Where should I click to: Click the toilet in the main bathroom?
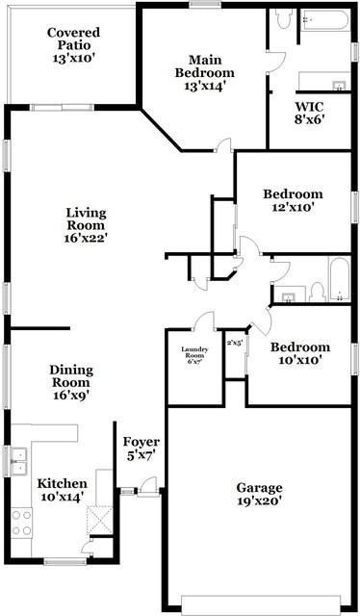click(x=284, y=19)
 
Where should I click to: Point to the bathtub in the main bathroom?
click(x=327, y=24)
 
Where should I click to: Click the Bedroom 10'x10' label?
click(x=299, y=353)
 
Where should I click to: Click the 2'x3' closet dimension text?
click(x=234, y=342)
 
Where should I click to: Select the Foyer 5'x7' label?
click(x=141, y=449)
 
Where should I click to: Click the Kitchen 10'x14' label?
click(x=62, y=490)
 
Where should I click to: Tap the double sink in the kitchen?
click(x=18, y=461)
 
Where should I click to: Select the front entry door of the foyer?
click(x=141, y=493)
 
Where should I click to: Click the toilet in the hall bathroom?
click(x=317, y=290)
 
